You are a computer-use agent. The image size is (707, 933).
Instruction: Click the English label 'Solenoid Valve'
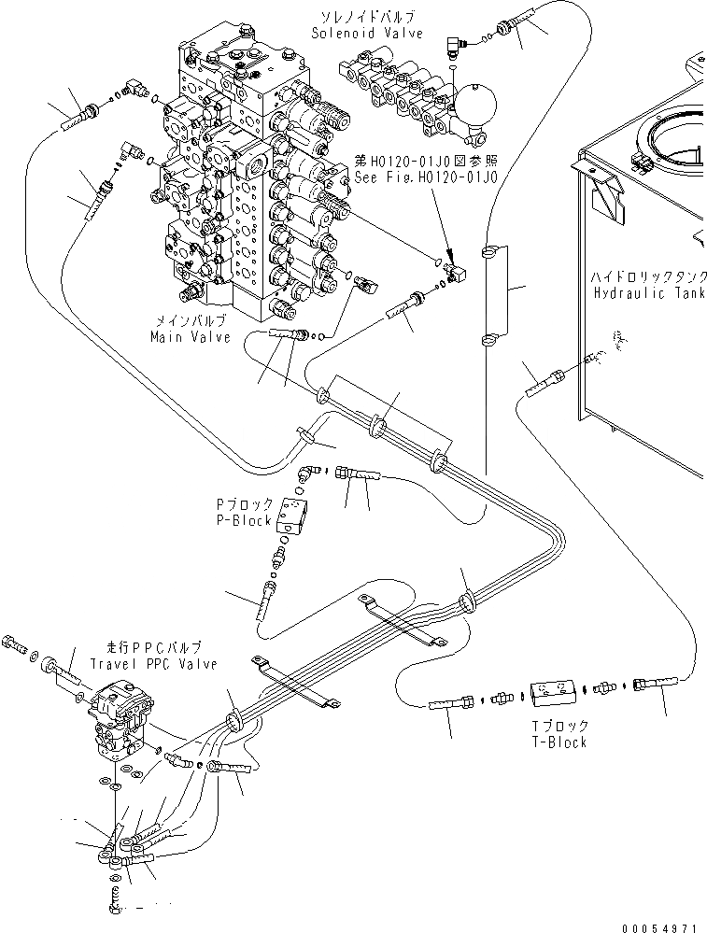367,34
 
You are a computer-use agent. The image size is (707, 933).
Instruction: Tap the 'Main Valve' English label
190,337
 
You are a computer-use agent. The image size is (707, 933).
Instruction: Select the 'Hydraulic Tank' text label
648,292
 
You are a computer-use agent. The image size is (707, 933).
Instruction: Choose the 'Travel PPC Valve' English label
154,664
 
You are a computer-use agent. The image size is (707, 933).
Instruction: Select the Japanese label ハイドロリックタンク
648,277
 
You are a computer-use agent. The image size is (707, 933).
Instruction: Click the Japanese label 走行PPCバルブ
154,648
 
